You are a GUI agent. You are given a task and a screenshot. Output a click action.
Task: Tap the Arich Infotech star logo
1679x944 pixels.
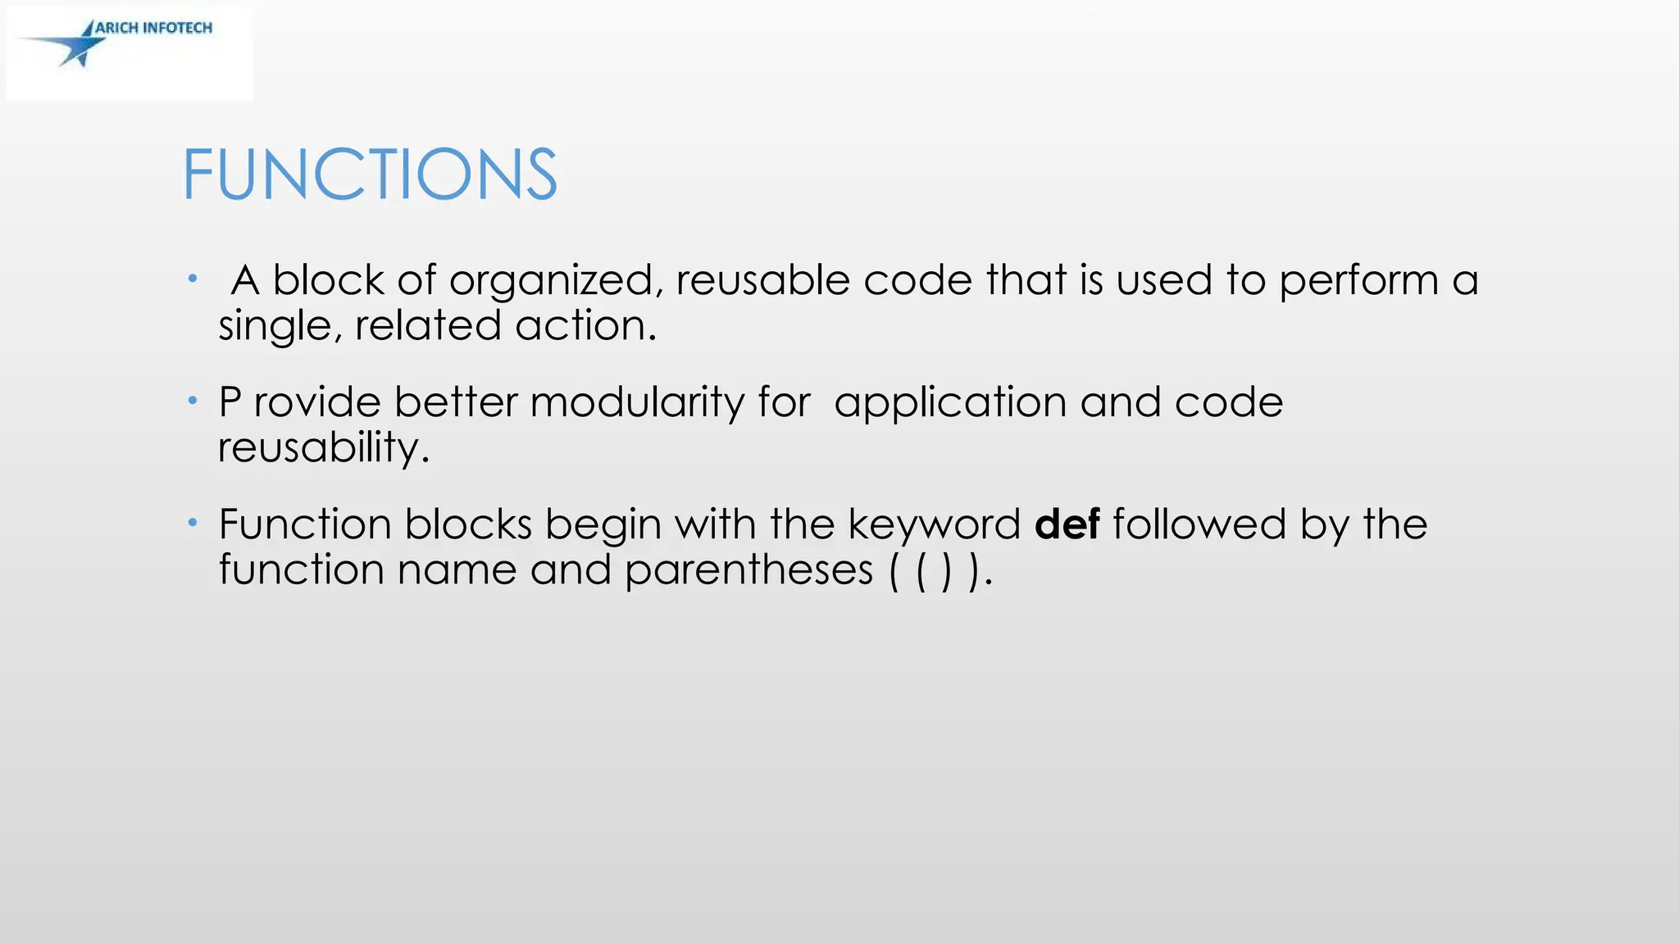[x=74, y=46]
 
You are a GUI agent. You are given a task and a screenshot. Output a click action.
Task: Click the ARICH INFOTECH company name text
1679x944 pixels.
[x=154, y=28]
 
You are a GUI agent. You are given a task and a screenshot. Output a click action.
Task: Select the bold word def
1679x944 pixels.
[x=1067, y=524]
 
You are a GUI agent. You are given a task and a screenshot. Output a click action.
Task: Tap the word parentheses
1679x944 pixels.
[x=748, y=569]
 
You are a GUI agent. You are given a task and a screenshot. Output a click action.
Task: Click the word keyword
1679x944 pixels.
[x=934, y=525]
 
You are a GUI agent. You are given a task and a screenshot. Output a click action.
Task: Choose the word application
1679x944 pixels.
[x=950, y=403]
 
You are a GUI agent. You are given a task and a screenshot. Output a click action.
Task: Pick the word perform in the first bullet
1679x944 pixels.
[x=1358, y=281]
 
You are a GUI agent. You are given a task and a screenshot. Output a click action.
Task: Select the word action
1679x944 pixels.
[x=585, y=325]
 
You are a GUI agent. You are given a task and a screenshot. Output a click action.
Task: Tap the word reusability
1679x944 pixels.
[x=323, y=447]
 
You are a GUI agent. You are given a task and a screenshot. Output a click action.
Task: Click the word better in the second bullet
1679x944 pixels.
[x=456, y=402]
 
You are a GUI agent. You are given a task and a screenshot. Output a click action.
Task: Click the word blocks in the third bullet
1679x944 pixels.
[x=468, y=524]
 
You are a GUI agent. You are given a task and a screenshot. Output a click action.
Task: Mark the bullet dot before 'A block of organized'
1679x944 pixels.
[x=193, y=279]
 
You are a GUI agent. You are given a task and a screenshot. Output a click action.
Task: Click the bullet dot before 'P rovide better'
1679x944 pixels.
[x=193, y=401]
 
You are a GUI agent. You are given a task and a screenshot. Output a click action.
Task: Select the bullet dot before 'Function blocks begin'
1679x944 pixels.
[x=193, y=523]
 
